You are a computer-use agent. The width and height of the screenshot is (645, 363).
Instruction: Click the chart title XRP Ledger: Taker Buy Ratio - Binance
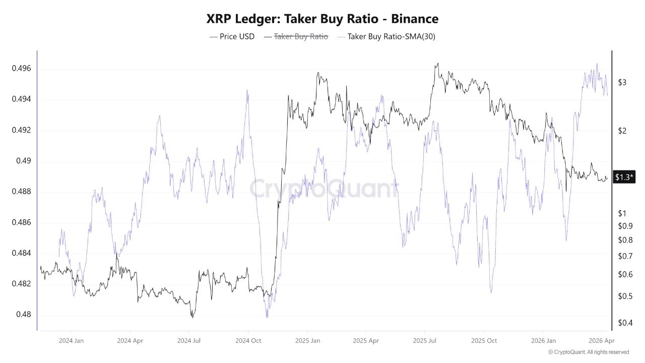point(322,19)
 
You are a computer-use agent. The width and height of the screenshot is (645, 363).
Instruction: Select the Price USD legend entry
point(232,36)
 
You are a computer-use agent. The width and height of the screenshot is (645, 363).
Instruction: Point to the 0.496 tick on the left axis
point(21,69)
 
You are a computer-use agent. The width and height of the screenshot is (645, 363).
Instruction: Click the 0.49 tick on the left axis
point(23,161)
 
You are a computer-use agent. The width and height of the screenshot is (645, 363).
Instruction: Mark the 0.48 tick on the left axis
point(23,315)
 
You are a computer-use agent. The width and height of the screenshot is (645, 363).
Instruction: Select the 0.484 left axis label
point(21,253)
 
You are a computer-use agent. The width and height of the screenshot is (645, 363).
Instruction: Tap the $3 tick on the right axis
point(622,83)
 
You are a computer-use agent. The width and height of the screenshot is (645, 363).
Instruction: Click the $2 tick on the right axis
point(622,131)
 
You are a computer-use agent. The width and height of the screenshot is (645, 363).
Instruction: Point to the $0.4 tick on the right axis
point(625,323)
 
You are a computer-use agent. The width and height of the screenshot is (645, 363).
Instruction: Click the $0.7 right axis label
point(625,256)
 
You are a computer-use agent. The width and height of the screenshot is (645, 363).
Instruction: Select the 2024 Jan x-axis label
point(71,341)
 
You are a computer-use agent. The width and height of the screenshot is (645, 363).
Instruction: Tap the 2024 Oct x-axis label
point(248,341)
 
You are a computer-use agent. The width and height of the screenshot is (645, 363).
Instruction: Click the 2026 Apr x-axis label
point(602,341)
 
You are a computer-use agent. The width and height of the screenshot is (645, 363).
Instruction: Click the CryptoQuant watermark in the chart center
point(322,189)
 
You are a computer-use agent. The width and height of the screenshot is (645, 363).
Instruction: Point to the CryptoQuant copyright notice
point(588,352)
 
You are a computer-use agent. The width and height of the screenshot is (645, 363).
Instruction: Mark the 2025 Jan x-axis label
point(307,341)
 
